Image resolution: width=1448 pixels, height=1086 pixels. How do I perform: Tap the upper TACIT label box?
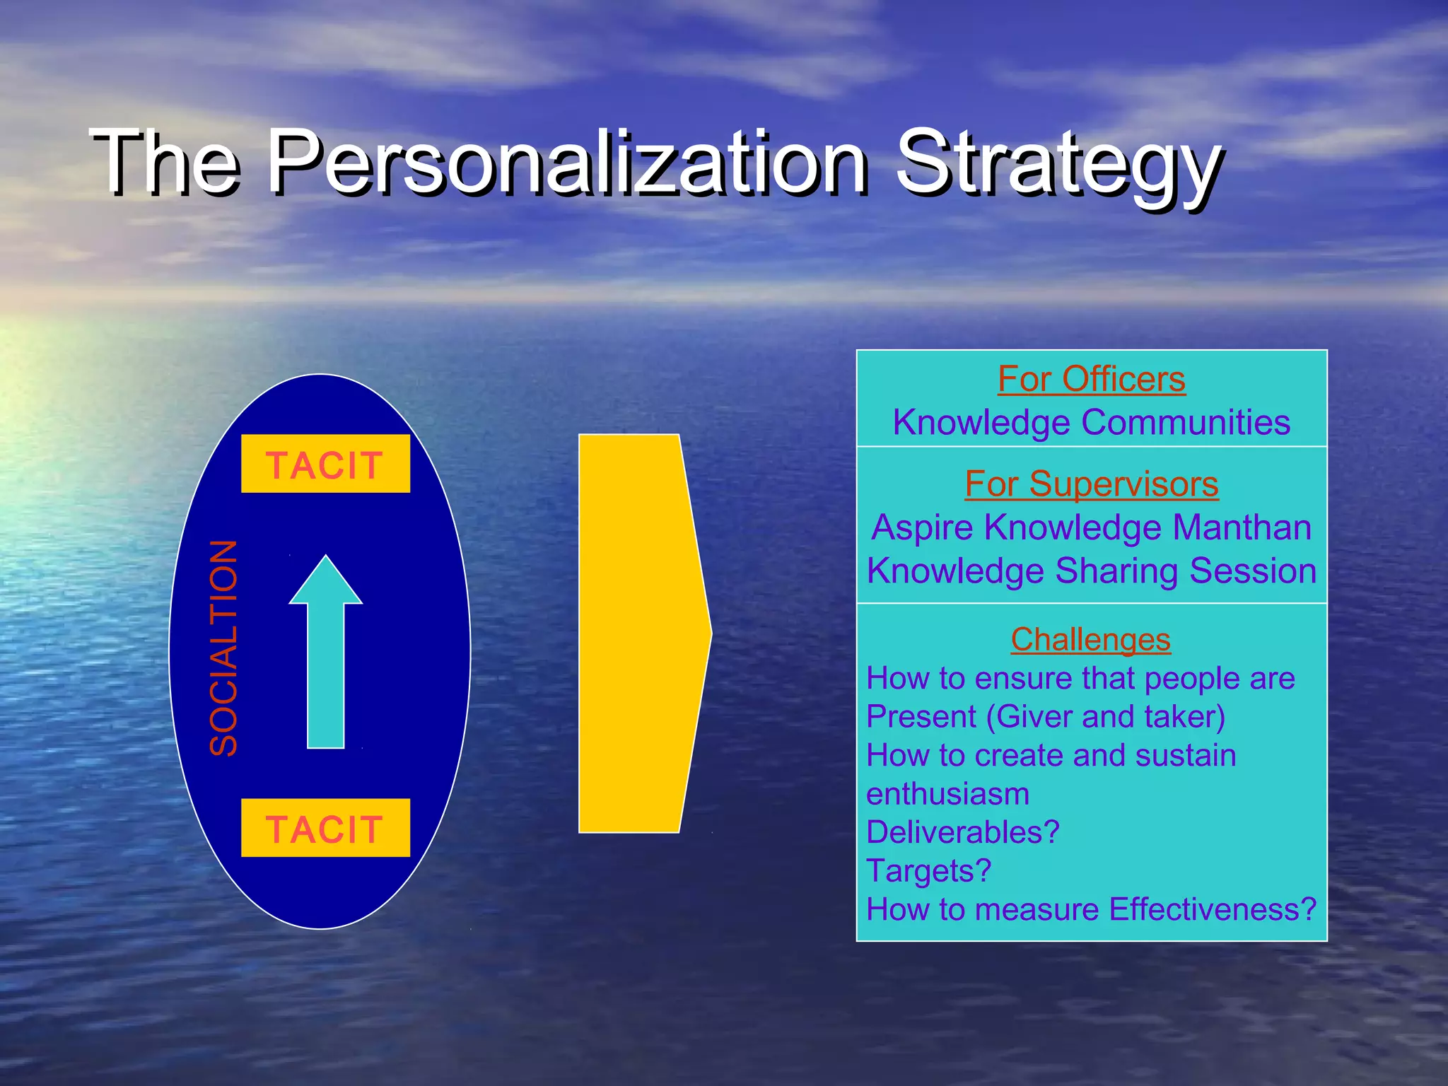325,464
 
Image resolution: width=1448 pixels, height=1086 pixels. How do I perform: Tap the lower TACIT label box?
325,828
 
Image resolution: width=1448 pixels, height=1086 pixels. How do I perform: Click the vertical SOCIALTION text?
224,648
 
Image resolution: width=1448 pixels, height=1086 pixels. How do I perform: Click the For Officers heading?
1091,379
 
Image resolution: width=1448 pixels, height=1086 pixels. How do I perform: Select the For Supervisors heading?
1091,484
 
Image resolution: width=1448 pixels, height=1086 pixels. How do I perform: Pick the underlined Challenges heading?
1090,639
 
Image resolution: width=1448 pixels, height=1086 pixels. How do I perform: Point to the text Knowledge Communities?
1091,422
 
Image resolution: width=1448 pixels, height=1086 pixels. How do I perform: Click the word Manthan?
1242,527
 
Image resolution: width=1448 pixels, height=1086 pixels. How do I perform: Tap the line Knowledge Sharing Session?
1091,571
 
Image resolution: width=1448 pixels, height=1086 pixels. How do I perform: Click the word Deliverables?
962,832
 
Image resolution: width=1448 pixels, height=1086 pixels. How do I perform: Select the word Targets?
928,870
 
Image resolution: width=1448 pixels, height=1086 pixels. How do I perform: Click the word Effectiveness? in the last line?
1212,909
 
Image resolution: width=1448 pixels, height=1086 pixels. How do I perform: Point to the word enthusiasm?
947,794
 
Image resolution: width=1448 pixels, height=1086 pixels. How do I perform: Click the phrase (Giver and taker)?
1105,717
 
